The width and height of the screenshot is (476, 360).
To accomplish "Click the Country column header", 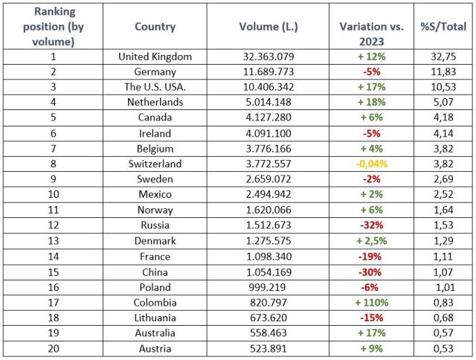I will point(155,27).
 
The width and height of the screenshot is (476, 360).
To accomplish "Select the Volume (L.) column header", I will point(268,27).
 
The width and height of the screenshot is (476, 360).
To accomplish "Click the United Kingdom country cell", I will point(155,57).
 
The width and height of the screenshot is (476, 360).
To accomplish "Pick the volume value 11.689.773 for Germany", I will point(268,72).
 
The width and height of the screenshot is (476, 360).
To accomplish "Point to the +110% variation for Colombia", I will point(371,303).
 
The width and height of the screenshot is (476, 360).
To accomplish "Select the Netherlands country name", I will point(155,103).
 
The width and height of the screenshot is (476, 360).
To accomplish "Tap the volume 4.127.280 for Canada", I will point(268,118).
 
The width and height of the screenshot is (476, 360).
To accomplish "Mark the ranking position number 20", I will point(51,349).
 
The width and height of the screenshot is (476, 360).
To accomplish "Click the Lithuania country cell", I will point(155,318).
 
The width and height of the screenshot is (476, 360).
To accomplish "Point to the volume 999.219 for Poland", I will point(268,287).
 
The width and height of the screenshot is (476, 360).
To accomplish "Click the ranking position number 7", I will point(51,149).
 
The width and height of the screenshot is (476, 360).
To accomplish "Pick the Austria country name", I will point(155,349).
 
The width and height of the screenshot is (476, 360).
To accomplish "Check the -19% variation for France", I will point(371,257).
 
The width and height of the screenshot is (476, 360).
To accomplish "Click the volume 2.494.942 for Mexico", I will point(268,195).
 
